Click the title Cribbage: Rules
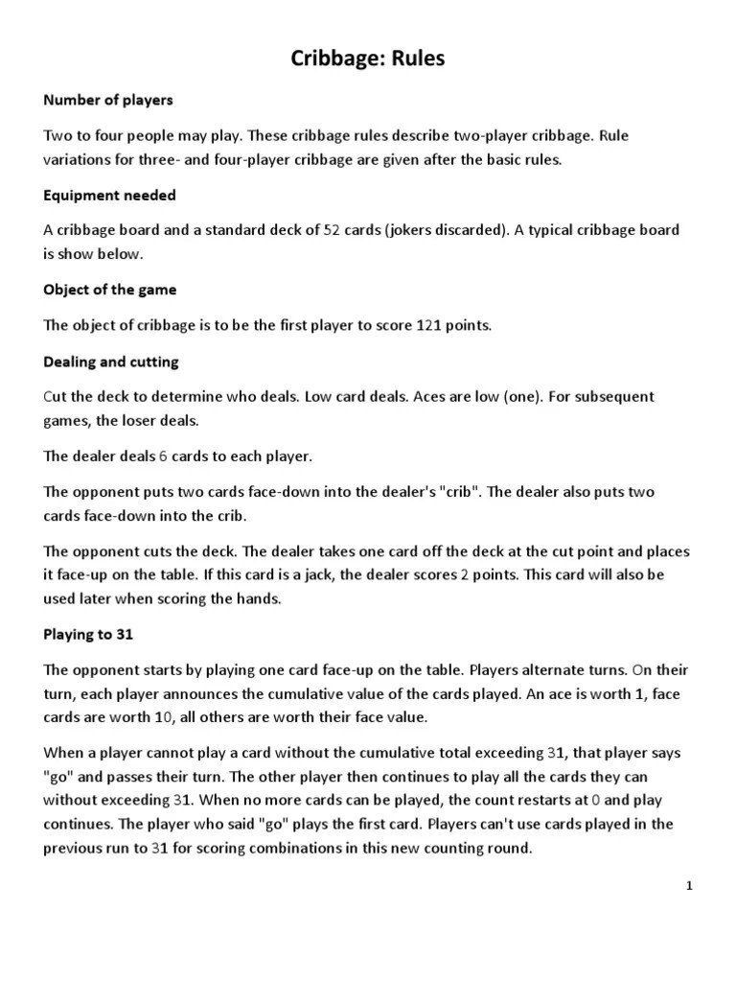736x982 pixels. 368,59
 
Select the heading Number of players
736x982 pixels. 108,99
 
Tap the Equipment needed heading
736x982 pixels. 109,195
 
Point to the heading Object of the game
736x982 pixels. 110,289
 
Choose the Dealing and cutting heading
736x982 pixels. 111,362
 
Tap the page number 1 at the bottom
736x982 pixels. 688,885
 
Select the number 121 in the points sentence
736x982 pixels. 428,325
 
